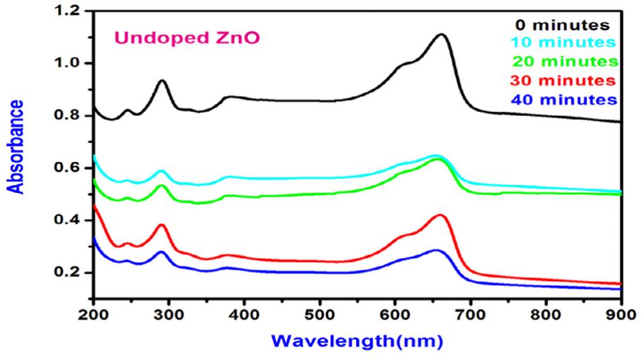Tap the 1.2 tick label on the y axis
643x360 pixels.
tap(67, 12)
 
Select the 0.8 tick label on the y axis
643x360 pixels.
tap(67, 116)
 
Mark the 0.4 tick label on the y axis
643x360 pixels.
tap(67, 220)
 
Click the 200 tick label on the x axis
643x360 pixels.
tap(94, 314)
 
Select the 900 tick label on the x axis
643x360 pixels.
tap(621, 314)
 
